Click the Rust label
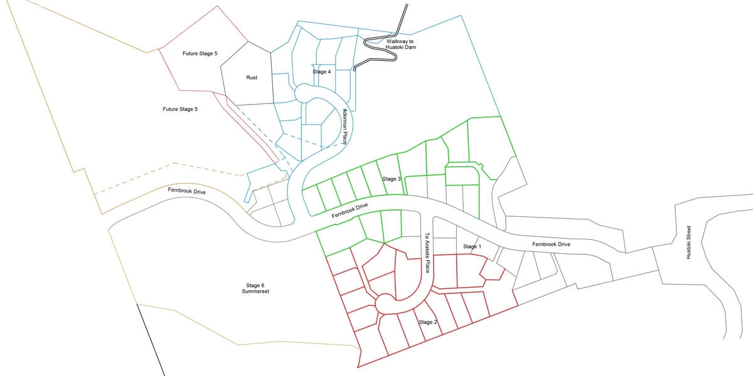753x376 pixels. coord(252,78)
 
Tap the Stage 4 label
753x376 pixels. coord(321,72)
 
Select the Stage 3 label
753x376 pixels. coord(392,179)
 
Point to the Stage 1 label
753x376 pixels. coord(472,247)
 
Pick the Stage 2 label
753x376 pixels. coord(427,322)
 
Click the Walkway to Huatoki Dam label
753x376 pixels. coord(401,44)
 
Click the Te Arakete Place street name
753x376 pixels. coord(427,253)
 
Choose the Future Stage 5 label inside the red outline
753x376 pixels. coord(200,54)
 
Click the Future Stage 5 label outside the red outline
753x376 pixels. coord(180,109)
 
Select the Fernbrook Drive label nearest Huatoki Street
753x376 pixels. coord(551,244)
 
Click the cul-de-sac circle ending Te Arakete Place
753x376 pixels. coord(384,304)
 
